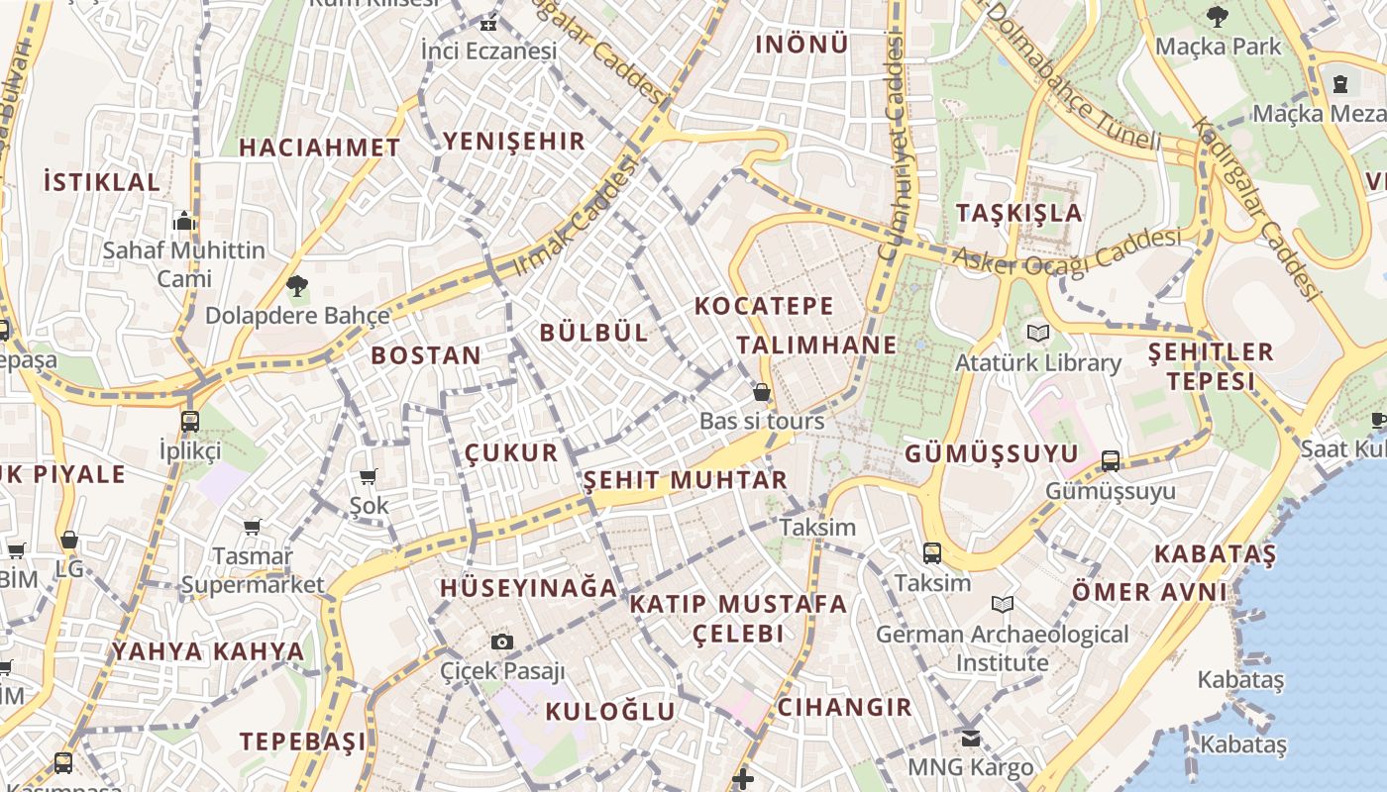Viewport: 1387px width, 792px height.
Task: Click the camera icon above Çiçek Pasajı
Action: [502, 642]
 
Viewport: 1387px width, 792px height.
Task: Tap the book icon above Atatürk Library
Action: [1037, 333]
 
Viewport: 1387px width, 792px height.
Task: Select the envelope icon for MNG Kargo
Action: [970, 738]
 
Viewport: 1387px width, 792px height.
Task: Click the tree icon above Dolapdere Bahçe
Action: [296, 287]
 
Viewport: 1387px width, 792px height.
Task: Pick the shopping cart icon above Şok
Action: [369, 477]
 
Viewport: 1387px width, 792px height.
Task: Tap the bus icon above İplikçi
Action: [189, 421]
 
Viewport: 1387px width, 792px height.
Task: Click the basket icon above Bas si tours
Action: [762, 392]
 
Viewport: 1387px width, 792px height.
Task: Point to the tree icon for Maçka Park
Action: [1218, 16]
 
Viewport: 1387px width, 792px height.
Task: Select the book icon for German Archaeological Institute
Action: [1002, 604]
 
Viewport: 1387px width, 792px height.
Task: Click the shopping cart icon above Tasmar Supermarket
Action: [253, 527]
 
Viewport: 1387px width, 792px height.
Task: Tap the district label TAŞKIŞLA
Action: [1019, 213]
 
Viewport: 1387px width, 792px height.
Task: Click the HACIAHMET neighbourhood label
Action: [320, 148]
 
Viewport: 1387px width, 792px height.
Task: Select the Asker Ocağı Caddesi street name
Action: [1067, 251]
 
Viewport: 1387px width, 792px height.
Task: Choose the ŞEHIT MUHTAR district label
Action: [685, 481]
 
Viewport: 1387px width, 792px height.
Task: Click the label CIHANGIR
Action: [844, 707]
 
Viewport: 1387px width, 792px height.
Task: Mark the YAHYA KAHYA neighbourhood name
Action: [208, 651]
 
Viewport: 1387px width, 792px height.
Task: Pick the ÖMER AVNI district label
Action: [1149, 592]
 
